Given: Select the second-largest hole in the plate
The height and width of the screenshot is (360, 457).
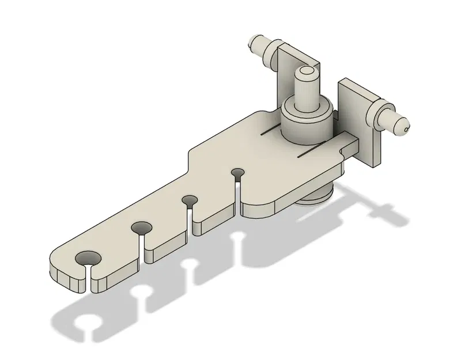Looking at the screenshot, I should [139, 228].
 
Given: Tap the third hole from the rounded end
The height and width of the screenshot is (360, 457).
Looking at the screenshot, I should [189, 200].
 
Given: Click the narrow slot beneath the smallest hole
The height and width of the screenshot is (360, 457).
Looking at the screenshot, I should [237, 190].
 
